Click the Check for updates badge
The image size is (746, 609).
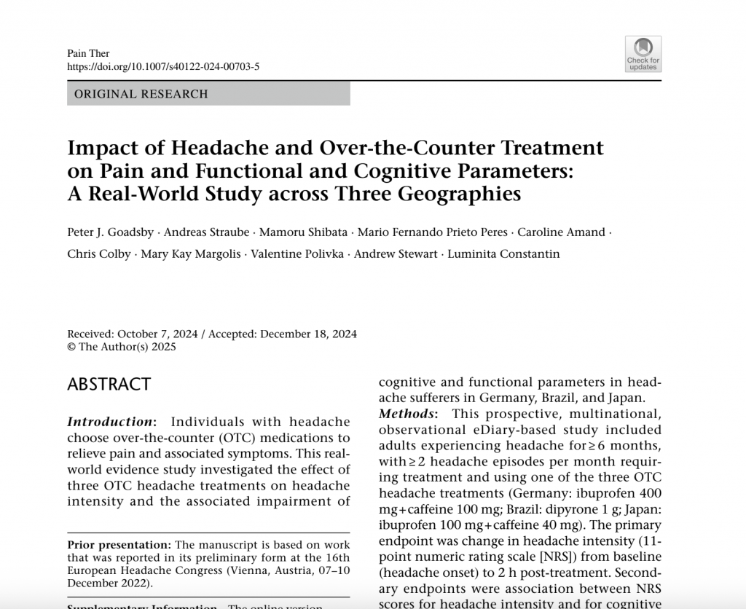click(x=643, y=54)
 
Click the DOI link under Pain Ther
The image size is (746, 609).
click(x=162, y=67)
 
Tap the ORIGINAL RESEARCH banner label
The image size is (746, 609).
click(x=141, y=94)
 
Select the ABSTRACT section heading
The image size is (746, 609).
click(x=109, y=385)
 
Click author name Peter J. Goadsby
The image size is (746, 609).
click(x=110, y=232)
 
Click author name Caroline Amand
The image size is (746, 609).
click(x=561, y=232)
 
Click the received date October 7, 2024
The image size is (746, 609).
click(x=157, y=334)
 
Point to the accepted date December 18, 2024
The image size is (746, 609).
click(x=308, y=334)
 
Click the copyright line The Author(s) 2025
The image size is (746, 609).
click(x=127, y=347)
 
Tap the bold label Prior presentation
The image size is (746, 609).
click(x=119, y=545)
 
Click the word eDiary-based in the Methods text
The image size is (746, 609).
click(x=471, y=430)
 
